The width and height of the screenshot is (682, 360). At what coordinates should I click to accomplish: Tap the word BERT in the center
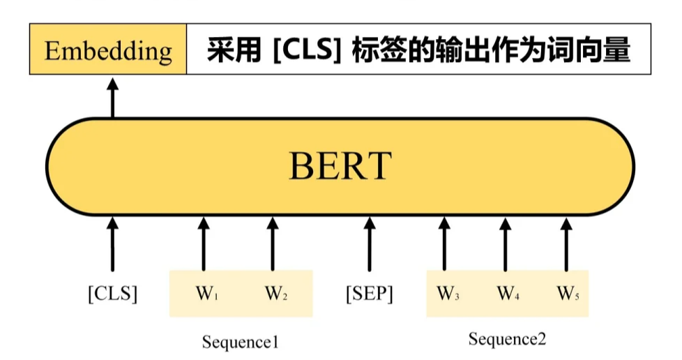pos(340,167)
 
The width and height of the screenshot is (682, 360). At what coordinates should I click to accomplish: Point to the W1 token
pos(204,294)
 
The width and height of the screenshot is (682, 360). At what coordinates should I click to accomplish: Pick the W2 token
pos(275,294)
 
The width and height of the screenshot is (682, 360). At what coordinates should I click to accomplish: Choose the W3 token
pos(447,294)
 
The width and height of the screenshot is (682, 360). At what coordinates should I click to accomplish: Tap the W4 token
pos(508,294)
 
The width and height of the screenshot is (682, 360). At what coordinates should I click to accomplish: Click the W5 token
pos(567,294)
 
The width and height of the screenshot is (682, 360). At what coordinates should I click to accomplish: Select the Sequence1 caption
pos(240,342)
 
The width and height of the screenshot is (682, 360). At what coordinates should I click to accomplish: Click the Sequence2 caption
pos(507,339)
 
